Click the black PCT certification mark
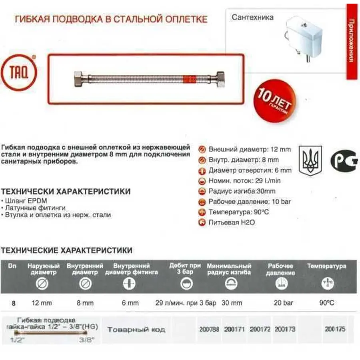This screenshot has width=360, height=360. pos(343,160)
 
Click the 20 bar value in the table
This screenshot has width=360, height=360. pos(283,303)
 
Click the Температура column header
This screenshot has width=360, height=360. pos(326,266)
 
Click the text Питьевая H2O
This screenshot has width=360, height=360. pos(232,222)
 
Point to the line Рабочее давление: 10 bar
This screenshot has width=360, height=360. pos(250,202)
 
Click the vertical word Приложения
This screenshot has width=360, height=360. pos(351,40)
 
